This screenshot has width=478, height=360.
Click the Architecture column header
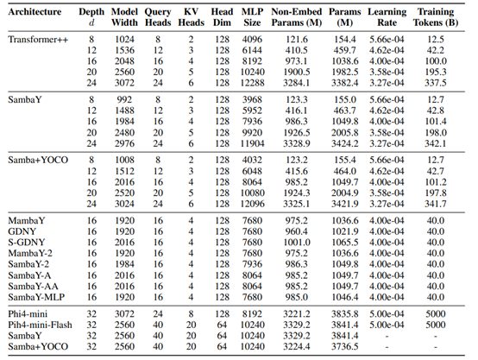35,12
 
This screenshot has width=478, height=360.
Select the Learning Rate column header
387,17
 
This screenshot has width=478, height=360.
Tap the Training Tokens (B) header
436,17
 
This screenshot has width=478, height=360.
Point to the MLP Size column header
252,17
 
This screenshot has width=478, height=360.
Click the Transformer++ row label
38,40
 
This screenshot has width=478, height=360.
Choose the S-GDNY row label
27,243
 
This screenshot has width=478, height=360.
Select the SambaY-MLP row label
36,297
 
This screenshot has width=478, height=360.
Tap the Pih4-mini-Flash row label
40,325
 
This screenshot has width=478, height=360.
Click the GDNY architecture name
22,231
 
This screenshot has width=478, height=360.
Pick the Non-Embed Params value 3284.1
296,83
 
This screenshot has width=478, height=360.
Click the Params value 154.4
345,40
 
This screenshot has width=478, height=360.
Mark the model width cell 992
124,100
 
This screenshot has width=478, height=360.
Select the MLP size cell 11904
252,143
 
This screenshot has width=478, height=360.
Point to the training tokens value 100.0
436,61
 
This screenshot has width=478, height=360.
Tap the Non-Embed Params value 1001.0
296,243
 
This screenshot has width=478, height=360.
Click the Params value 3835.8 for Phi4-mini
345,314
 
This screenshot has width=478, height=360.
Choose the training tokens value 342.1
436,143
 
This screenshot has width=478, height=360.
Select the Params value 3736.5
345,347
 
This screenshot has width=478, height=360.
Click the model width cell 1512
124,171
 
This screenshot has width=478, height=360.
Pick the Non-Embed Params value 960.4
296,231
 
